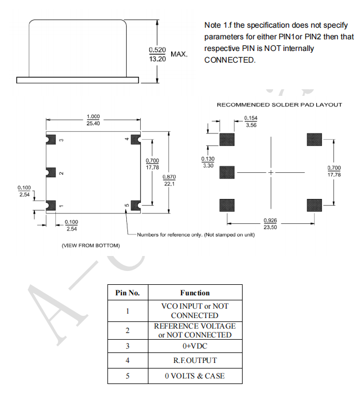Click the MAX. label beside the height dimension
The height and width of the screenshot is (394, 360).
click(179, 54)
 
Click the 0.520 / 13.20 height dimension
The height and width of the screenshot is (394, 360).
click(157, 54)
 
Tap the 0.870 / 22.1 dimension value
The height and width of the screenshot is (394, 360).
click(169, 180)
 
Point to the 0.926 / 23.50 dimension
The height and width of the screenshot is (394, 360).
click(271, 223)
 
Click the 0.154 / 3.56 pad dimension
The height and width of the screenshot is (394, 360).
click(251, 121)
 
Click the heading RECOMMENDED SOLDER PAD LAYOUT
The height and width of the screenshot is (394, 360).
click(279, 105)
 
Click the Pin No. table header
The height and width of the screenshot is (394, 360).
click(127, 293)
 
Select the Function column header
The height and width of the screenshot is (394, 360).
click(194, 293)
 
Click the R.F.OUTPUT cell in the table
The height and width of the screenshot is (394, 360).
click(194, 360)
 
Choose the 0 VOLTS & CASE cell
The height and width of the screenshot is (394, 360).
click(194, 376)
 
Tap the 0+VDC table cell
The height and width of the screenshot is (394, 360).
click(194, 345)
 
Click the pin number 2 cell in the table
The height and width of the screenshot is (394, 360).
click(127, 330)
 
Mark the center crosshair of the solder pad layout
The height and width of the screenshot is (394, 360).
click(271, 172)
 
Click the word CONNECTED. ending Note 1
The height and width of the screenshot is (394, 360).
click(230, 60)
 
